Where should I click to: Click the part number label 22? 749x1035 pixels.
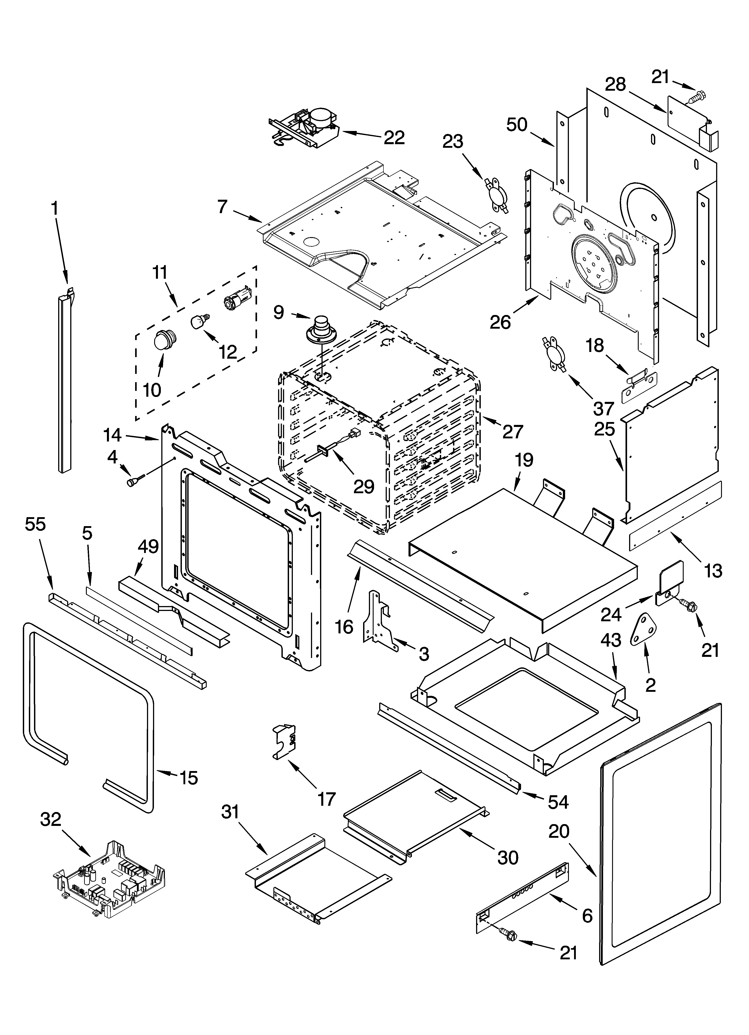click(x=394, y=137)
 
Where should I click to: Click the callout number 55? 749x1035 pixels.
click(x=36, y=524)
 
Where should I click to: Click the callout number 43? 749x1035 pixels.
click(x=611, y=640)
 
